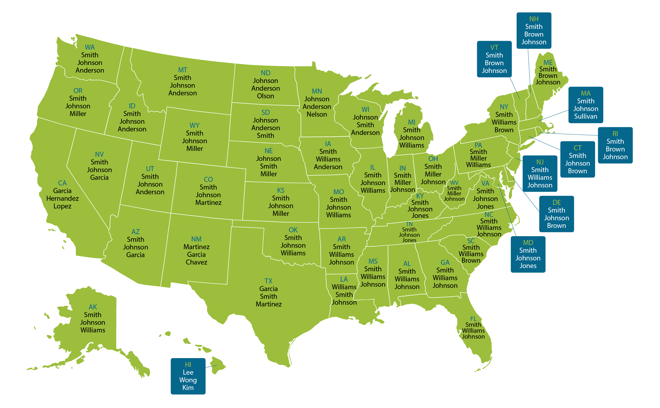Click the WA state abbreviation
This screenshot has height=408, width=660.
pyautogui.click(x=90, y=47)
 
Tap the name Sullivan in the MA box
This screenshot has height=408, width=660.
pyautogui.click(x=585, y=116)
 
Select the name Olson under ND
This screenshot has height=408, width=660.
pyautogui.click(x=265, y=96)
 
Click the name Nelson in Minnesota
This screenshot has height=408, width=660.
pyautogui.click(x=317, y=114)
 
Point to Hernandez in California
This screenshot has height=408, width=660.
pyautogui.click(x=62, y=198)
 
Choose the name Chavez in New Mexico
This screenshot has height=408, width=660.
pyautogui.click(x=196, y=262)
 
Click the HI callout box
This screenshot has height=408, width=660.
pyautogui.click(x=188, y=376)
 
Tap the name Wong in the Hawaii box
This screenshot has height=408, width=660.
pyautogui.click(x=188, y=380)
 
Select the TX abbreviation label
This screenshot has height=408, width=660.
pyautogui.click(x=268, y=281)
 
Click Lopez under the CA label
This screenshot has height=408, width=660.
pyautogui.click(x=62, y=206)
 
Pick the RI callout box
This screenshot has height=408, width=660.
pyautogui.click(x=615, y=145)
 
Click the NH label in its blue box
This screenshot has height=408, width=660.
pyautogui.click(x=534, y=19)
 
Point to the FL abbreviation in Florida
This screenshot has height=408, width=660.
pyautogui.click(x=473, y=319)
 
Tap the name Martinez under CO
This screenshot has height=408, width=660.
pyautogui.click(x=208, y=203)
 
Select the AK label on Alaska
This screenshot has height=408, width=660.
pyautogui.click(x=93, y=307)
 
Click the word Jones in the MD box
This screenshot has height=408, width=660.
pyautogui.click(x=528, y=266)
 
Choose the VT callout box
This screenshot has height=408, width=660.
pyautogui.click(x=494, y=59)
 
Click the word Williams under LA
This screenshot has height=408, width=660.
pyautogui.click(x=344, y=287)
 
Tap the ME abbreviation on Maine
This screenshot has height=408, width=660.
pyautogui.click(x=548, y=63)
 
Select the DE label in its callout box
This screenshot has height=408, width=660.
pyautogui.click(x=556, y=203)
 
